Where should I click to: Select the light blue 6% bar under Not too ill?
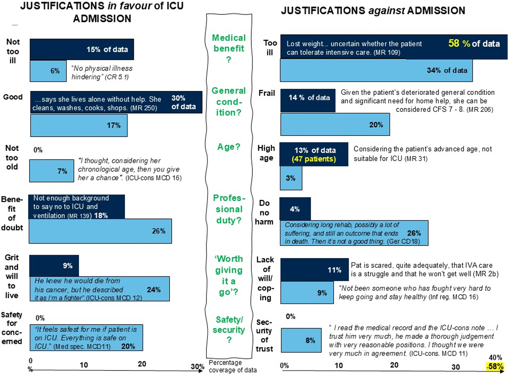pyautogui.click(x=48, y=71)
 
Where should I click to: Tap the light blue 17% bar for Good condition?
pyautogui.click(x=79, y=126)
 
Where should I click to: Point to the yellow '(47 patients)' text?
pyautogui.click(x=314, y=159)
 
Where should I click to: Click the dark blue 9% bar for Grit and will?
pyautogui.click(x=54, y=266)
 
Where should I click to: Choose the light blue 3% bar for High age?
pyautogui.click(x=291, y=178)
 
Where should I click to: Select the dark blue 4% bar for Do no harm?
pyautogui.click(x=295, y=209)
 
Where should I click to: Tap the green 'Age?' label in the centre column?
pyautogui.click(x=229, y=147)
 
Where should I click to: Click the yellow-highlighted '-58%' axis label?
pyautogui.click(x=495, y=366)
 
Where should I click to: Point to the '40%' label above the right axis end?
pyautogui.click(x=495, y=357)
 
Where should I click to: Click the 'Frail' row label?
pyautogui.click(x=267, y=93)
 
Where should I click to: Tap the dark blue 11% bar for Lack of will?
pyautogui.click(x=314, y=270)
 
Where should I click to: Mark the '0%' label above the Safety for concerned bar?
pyautogui.click(x=40, y=318)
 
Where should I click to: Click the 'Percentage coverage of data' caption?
pyautogui.click(x=232, y=366)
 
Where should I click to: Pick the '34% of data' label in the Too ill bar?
pyautogui.click(x=447, y=70)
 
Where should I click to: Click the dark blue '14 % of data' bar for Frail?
pyautogui.click(x=308, y=100)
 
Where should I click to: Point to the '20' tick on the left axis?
pyautogui.click(x=142, y=364)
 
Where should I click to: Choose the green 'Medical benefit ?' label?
pyautogui.click(x=229, y=49)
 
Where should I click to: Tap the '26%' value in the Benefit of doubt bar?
pyautogui.click(x=159, y=231)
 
